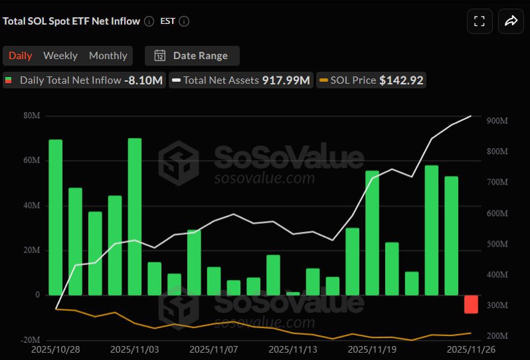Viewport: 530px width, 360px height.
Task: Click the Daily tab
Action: point(20,56)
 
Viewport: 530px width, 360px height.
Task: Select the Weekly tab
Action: point(60,56)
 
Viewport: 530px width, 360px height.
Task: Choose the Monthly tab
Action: point(108,56)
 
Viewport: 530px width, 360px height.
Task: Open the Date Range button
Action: point(192,56)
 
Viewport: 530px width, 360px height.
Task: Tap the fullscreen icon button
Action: point(479,21)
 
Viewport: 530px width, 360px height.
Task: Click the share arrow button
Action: point(511,21)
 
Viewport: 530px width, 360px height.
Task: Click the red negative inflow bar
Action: point(471,304)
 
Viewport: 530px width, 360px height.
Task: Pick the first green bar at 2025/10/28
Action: point(56,217)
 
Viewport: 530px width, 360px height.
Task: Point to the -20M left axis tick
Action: point(29,339)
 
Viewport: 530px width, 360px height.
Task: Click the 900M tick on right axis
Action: point(497,121)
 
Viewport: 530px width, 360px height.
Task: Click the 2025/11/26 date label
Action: point(472,349)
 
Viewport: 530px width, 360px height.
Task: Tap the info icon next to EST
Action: point(184,21)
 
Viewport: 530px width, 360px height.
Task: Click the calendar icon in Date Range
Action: point(160,56)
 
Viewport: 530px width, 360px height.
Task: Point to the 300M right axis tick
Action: point(497,306)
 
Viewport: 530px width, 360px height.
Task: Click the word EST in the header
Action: point(167,21)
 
